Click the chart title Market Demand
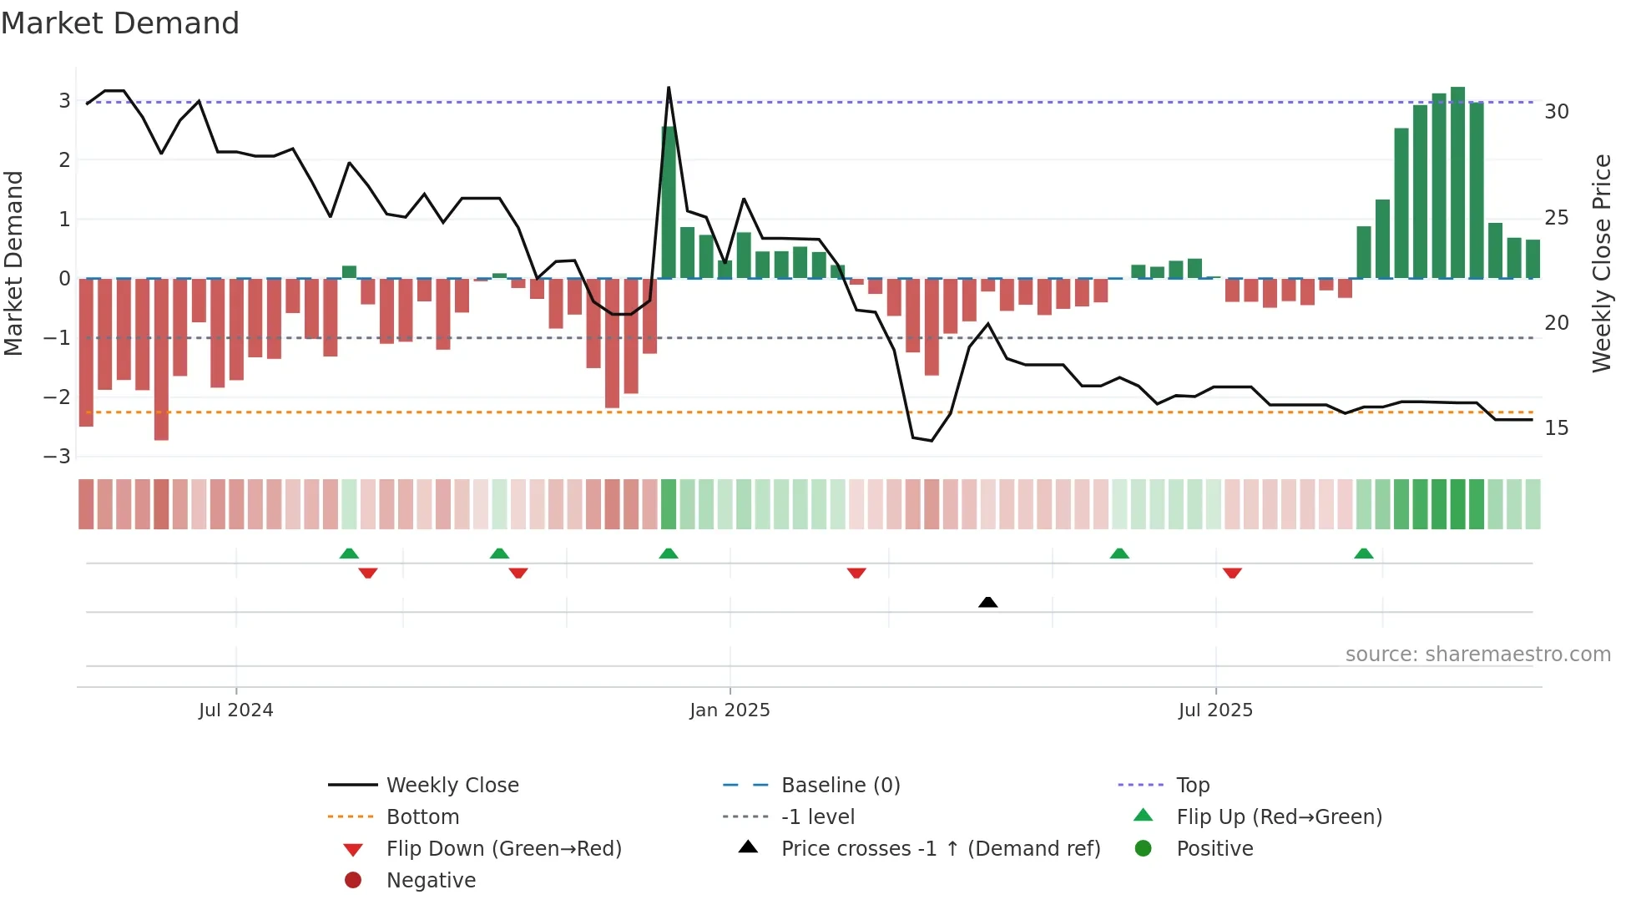[120, 23]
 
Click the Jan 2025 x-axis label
[730, 710]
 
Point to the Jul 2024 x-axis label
[235, 710]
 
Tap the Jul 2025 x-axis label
[1215, 710]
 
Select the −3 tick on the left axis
[58, 457]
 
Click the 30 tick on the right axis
[1557, 112]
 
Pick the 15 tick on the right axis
[1557, 428]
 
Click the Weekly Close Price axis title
[1601, 263]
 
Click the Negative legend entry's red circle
[353, 881]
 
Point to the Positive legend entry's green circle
[1144, 849]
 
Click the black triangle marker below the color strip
[987, 602]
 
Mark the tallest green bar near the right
[1457, 182]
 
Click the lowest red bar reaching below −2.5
[161, 359]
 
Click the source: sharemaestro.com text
[1477, 655]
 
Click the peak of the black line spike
[669, 88]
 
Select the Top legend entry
[1192, 786]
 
